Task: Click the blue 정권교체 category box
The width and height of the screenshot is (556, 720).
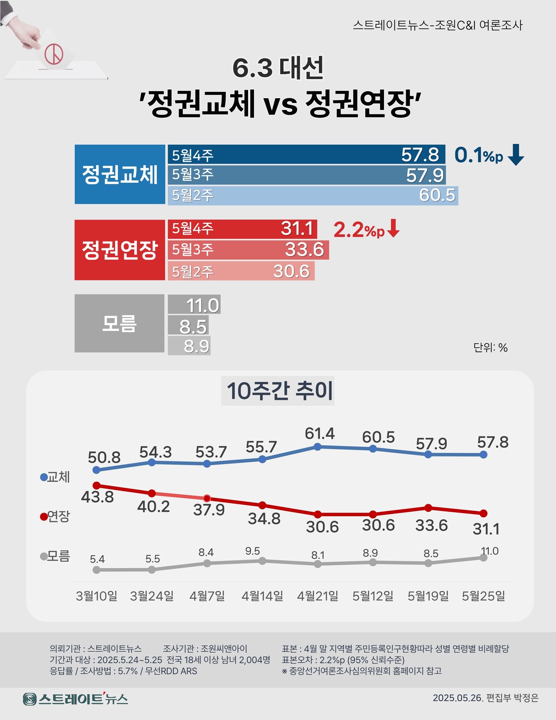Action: click(x=119, y=174)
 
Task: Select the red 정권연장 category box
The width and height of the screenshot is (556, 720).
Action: click(x=119, y=250)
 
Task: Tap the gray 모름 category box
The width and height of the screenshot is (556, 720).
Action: click(x=119, y=323)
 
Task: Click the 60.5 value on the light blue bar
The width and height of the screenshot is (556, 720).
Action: click(x=437, y=195)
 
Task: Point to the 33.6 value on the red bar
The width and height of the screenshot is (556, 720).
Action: click(x=304, y=250)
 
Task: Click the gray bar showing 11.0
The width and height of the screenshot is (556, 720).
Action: click(x=194, y=305)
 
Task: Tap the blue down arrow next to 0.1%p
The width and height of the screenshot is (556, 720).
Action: click(x=516, y=155)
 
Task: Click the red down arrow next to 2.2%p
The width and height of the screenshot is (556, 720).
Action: click(x=393, y=229)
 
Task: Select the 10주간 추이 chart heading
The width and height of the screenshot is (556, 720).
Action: click(x=278, y=390)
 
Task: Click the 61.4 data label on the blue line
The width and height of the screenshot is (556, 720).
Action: click(x=320, y=433)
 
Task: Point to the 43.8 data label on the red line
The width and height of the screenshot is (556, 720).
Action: click(x=97, y=497)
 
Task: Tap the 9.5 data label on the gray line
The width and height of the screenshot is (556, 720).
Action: click(x=252, y=551)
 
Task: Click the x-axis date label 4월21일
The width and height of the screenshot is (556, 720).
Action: click(x=318, y=596)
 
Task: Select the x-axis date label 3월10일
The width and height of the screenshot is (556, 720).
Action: click(x=96, y=596)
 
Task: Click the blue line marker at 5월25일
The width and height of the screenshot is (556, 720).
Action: click(x=483, y=454)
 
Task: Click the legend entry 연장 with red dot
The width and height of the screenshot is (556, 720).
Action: click(x=55, y=517)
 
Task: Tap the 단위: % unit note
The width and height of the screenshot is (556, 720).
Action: click(x=490, y=347)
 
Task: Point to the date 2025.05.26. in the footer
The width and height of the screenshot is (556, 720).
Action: click(x=457, y=698)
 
